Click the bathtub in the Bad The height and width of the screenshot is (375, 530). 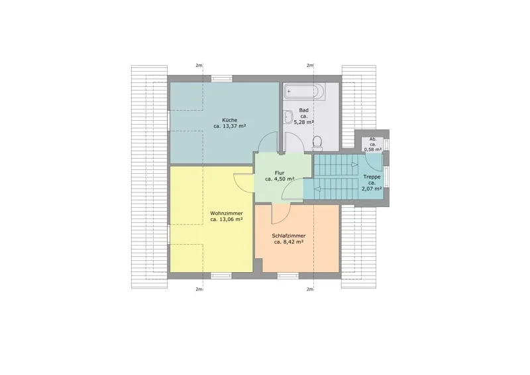[304, 92]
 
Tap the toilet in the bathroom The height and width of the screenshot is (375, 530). [317, 143]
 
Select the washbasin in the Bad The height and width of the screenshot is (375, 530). [288, 117]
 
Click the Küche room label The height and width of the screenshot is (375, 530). [229, 120]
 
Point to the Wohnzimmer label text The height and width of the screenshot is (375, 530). [227, 214]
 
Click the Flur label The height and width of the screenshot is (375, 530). [280, 173]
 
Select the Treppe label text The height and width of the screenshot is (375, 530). [372, 177]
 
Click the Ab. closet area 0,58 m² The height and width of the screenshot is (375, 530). [373, 149]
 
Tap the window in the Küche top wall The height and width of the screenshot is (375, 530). [222, 78]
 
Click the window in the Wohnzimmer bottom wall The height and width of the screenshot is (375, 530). [221, 275]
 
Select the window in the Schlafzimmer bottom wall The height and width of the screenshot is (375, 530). [288, 275]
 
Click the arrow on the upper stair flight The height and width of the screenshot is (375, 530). [354, 165]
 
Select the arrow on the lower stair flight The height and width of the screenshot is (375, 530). [317, 189]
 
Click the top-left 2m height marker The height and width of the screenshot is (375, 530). [199, 66]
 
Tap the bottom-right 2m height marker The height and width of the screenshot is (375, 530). [310, 289]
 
